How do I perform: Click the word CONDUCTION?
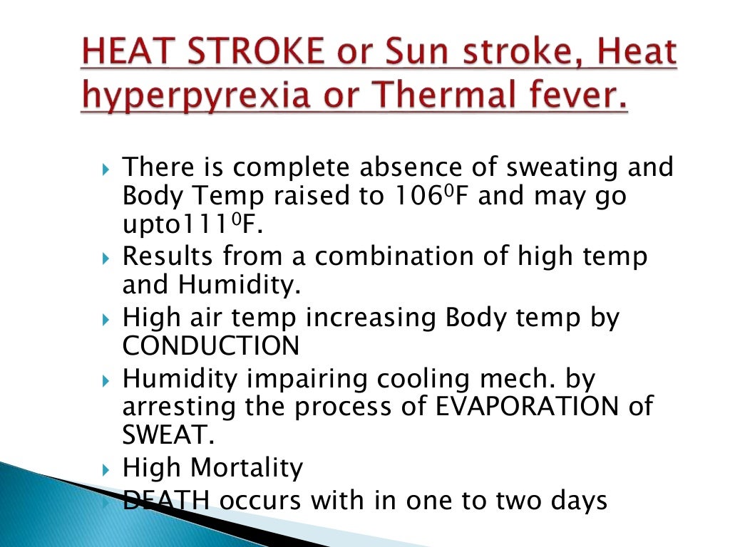pos(211,345)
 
